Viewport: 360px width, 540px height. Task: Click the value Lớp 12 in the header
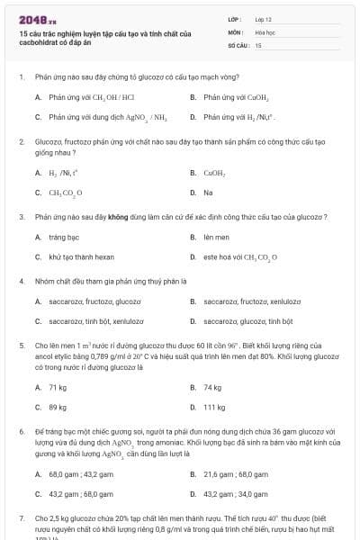[263, 18]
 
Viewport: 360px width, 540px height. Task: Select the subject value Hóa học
[264, 31]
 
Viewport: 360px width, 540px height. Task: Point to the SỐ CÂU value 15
[258, 44]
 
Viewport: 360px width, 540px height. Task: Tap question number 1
[21, 77]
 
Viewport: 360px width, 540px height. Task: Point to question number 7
[21, 519]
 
